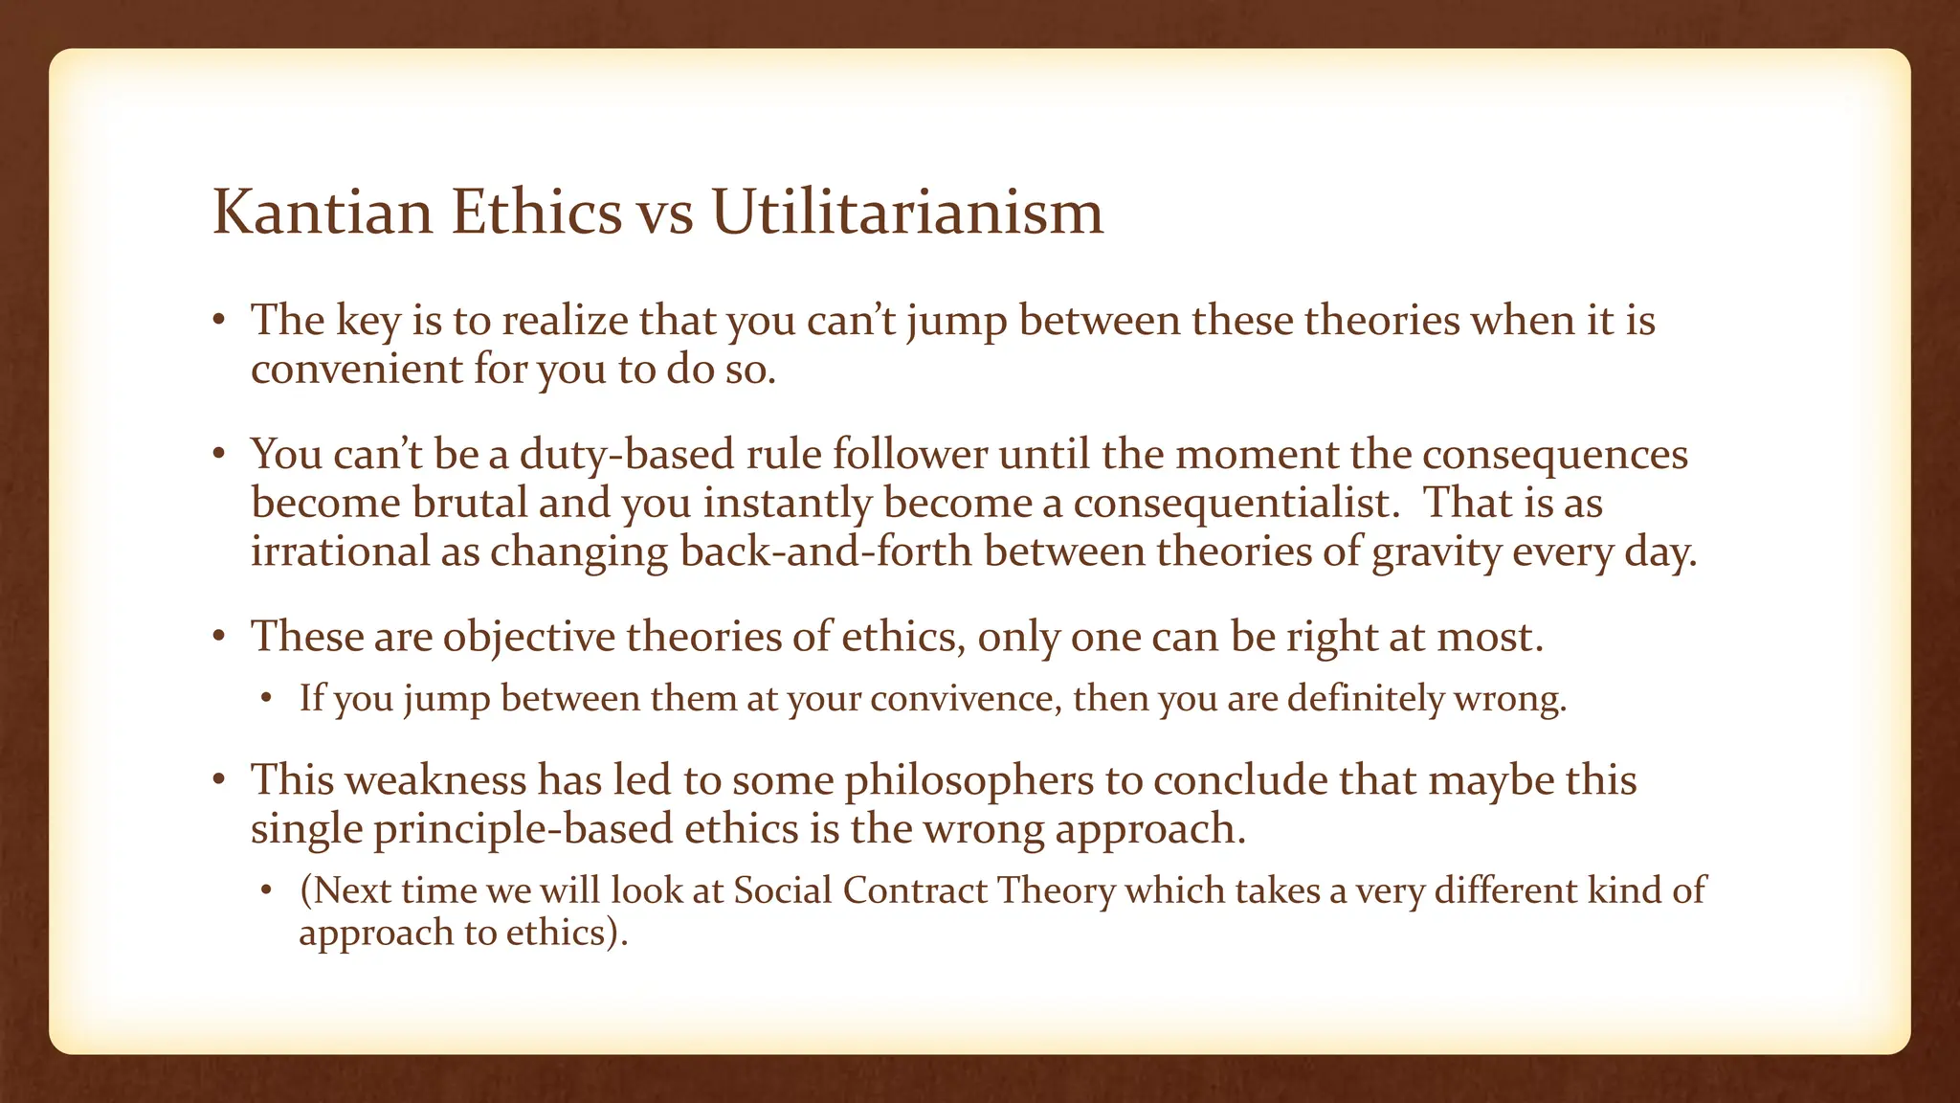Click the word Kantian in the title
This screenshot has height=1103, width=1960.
(322, 213)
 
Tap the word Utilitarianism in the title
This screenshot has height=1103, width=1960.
(906, 213)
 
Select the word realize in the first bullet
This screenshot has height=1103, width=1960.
(565, 321)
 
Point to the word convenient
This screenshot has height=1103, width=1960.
(357, 370)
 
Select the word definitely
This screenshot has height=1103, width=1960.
(1365, 699)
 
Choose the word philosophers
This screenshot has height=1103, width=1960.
(968, 780)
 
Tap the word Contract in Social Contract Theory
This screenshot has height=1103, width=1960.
(914, 891)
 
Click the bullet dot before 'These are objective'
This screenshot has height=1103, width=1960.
(219, 637)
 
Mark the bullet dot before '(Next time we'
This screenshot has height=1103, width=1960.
(267, 891)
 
